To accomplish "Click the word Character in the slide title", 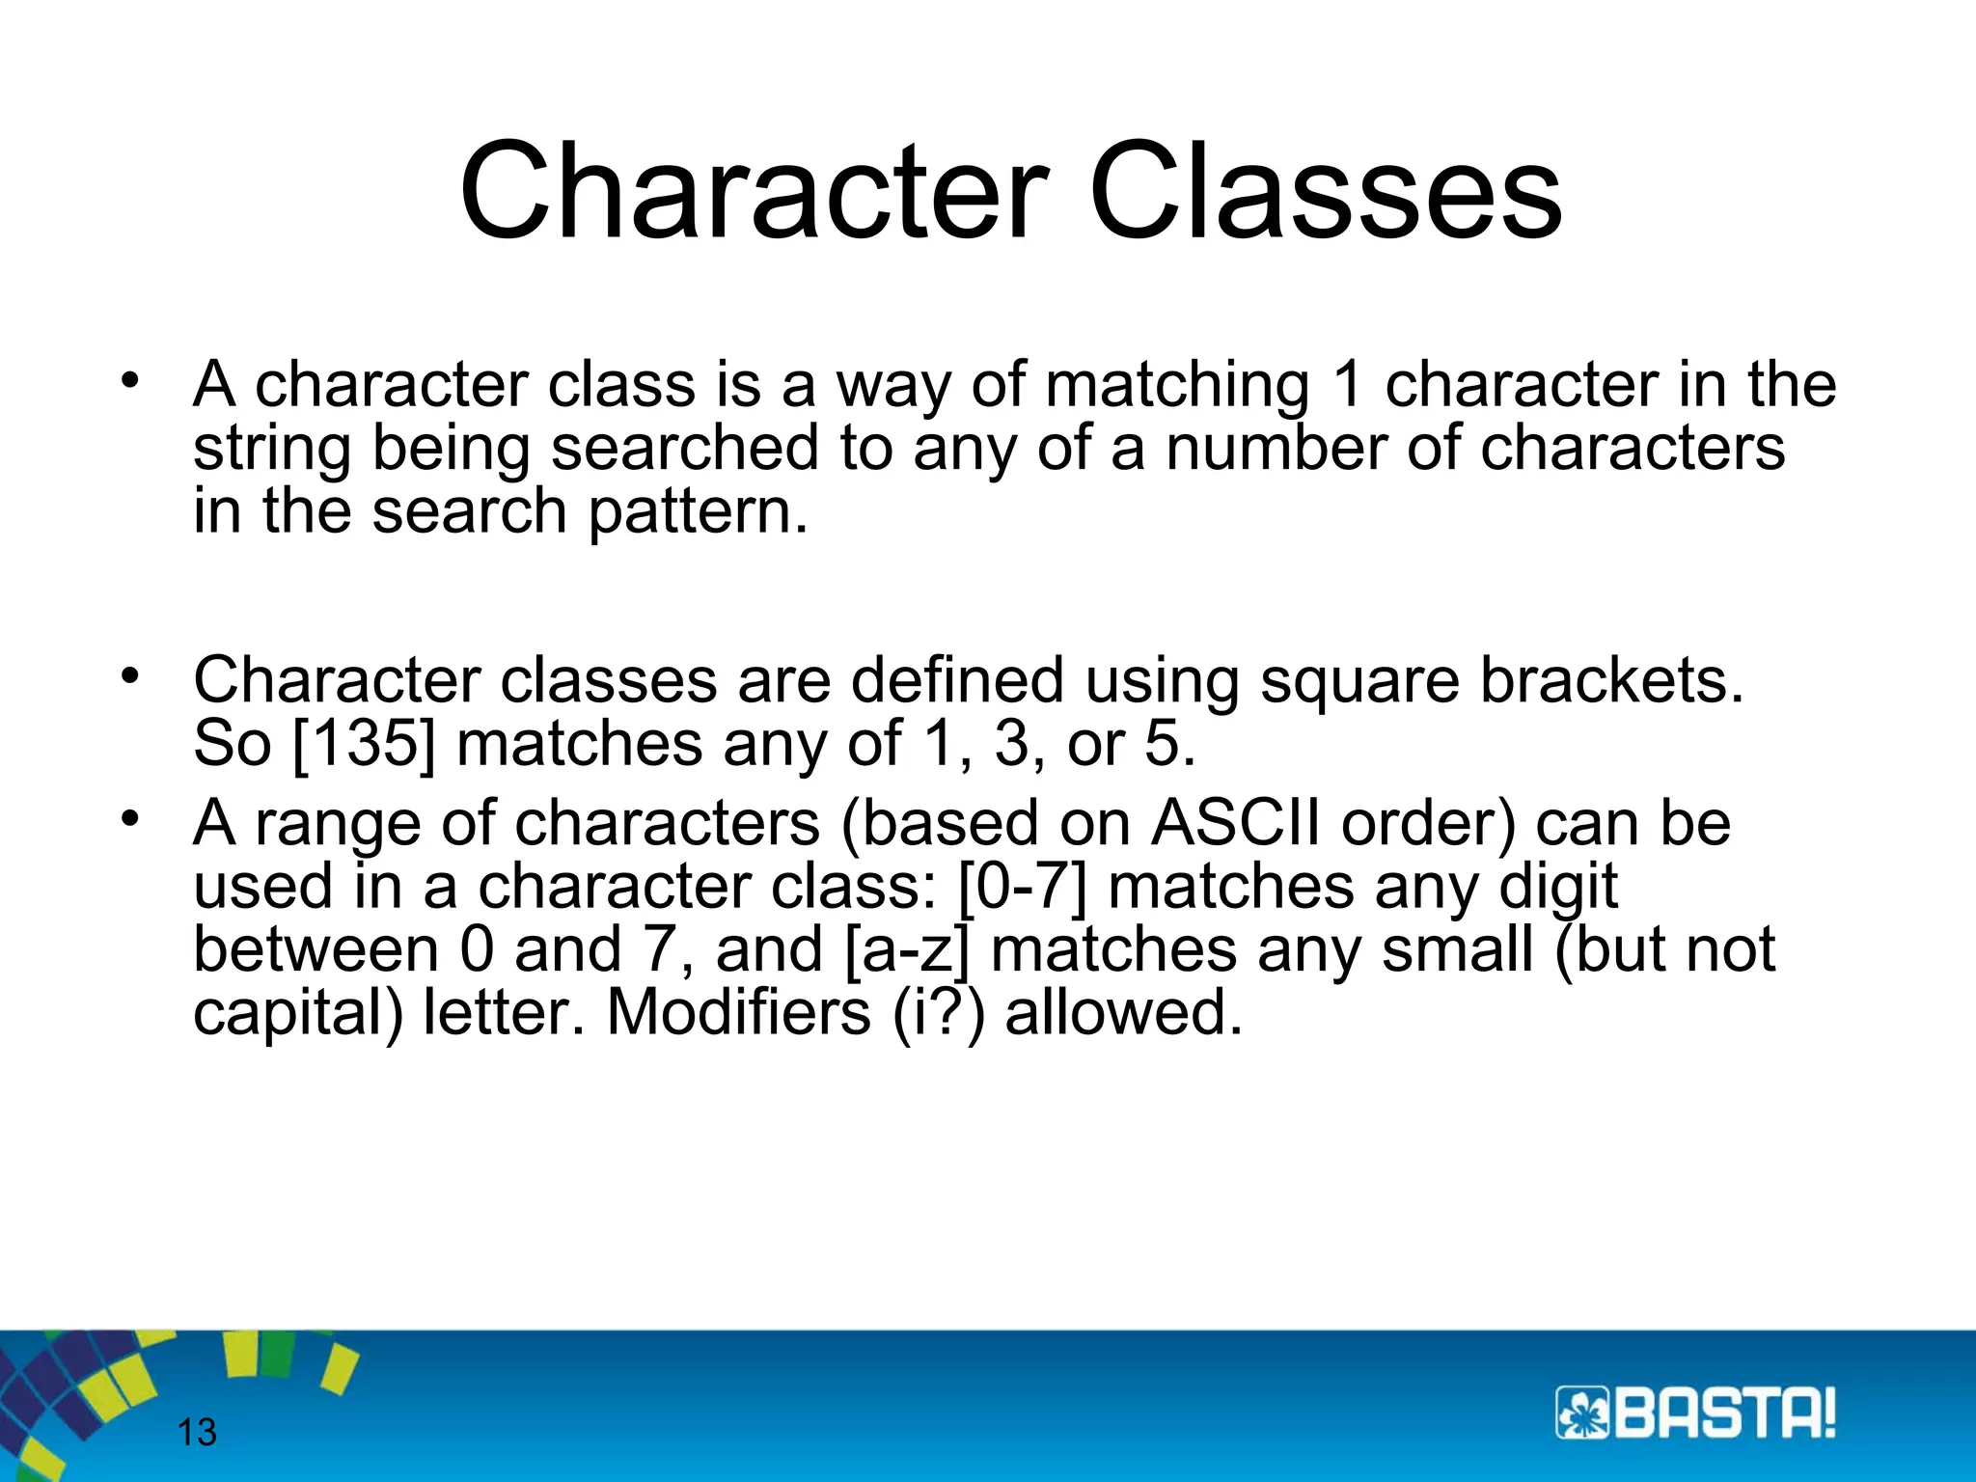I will [x=755, y=190].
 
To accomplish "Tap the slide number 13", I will [x=197, y=1432].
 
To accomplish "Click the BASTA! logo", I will [x=1695, y=1414].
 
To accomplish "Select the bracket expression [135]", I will [x=364, y=745].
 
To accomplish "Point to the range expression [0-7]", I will [x=1023, y=886].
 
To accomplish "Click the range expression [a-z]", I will [x=906, y=949].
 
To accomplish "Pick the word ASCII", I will [x=1236, y=823].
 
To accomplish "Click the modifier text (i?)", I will [x=938, y=1013].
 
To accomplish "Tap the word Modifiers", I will [x=738, y=1013].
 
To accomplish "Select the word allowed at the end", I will [x=1123, y=1013].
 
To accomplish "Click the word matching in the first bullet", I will [x=1177, y=386].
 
